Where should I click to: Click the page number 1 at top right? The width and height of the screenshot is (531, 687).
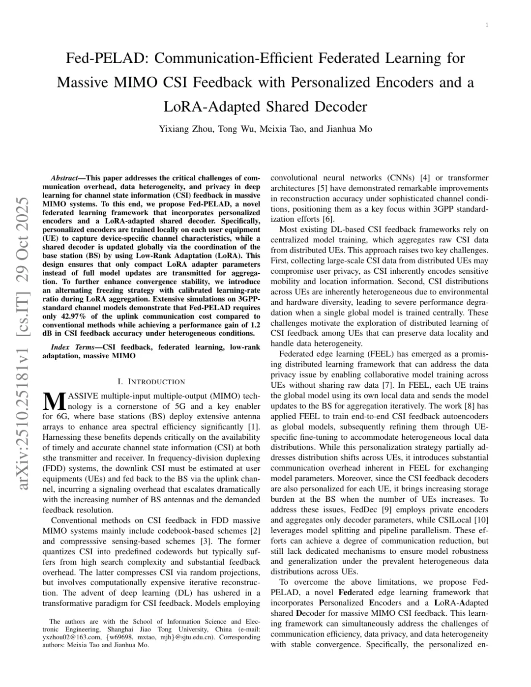point(486,25)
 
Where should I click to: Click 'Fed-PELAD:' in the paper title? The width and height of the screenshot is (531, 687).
point(107,58)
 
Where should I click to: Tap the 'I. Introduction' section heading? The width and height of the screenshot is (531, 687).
point(151,382)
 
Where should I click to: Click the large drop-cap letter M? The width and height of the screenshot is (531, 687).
point(54,401)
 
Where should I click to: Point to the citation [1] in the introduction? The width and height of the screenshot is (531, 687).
point(254,427)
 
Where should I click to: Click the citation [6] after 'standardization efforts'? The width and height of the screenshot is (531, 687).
point(328,219)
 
